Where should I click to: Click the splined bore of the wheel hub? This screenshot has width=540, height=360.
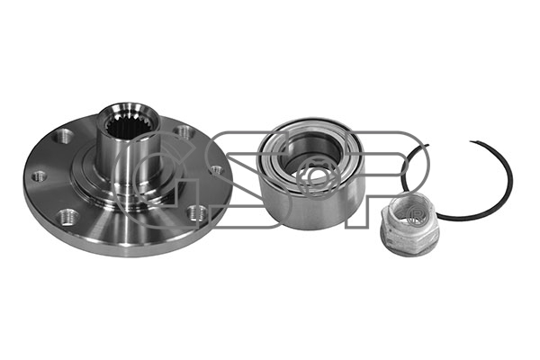coord(127,126)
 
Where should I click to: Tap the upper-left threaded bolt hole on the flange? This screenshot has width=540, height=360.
coord(65,136)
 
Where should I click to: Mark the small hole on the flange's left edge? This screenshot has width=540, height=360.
coord(40,176)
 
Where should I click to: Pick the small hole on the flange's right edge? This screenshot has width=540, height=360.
coord(217,170)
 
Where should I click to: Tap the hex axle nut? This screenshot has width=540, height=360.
coord(405,226)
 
